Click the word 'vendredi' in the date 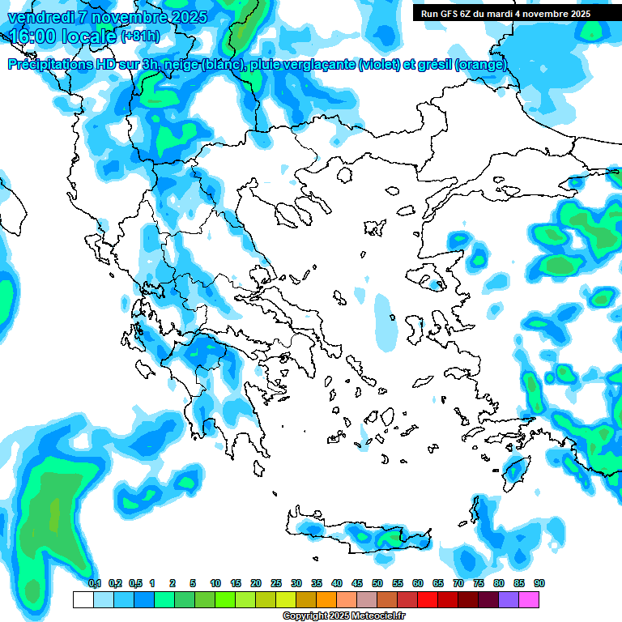click(40, 17)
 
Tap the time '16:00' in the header click(35, 36)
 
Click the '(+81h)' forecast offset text click(140, 36)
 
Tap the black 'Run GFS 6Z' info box click(505, 13)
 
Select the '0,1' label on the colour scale click(94, 583)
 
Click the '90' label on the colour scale click(539, 583)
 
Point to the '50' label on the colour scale click(377, 583)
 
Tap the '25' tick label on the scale click(276, 583)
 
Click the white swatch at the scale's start click(83, 599)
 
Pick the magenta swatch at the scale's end click(529, 599)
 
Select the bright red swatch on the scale click(428, 599)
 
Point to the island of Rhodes click(515, 470)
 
